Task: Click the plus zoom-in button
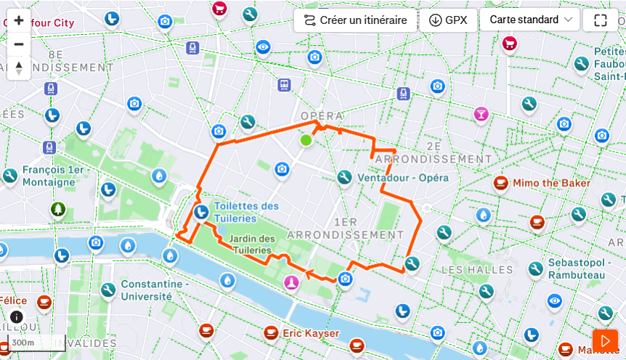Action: tap(19, 20)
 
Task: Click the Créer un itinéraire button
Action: tap(355, 20)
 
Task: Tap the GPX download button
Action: tap(448, 20)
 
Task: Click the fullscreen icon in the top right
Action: tap(600, 20)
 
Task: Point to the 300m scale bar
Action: tap(36, 343)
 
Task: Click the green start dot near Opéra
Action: tap(306, 140)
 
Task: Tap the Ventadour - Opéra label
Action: tap(403, 178)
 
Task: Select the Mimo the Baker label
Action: tap(551, 183)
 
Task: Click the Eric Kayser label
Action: tap(311, 333)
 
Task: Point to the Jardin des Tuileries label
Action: tap(252, 244)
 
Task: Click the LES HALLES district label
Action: tap(477, 270)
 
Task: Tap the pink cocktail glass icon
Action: tap(481, 114)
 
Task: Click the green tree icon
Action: tap(58, 210)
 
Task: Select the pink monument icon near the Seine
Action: tap(291, 282)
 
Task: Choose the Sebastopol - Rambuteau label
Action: tap(577, 269)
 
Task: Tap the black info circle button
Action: tap(17, 317)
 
